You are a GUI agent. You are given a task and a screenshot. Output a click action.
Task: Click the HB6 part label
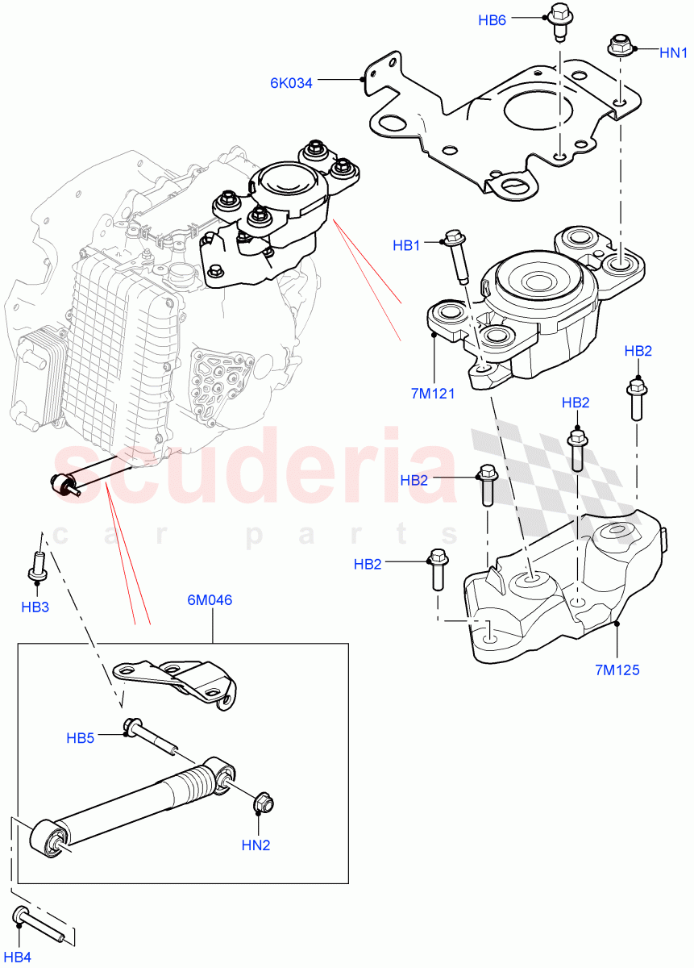pyautogui.click(x=492, y=20)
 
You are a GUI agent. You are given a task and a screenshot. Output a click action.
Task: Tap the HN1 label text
pyautogui.click(x=673, y=53)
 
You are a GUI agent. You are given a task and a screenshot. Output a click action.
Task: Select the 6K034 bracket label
pyautogui.click(x=291, y=81)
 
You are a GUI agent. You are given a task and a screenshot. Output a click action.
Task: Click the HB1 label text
pyautogui.click(x=406, y=244)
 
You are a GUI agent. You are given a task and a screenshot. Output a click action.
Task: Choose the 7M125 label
pyautogui.click(x=617, y=670)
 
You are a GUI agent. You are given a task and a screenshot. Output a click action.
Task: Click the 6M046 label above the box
pyautogui.click(x=210, y=600)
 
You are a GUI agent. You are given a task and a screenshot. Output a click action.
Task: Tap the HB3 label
pyautogui.click(x=35, y=607)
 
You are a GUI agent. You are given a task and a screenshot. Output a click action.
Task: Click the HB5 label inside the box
pyautogui.click(x=81, y=737)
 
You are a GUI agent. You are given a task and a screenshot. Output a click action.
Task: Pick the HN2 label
pyautogui.click(x=256, y=846)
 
